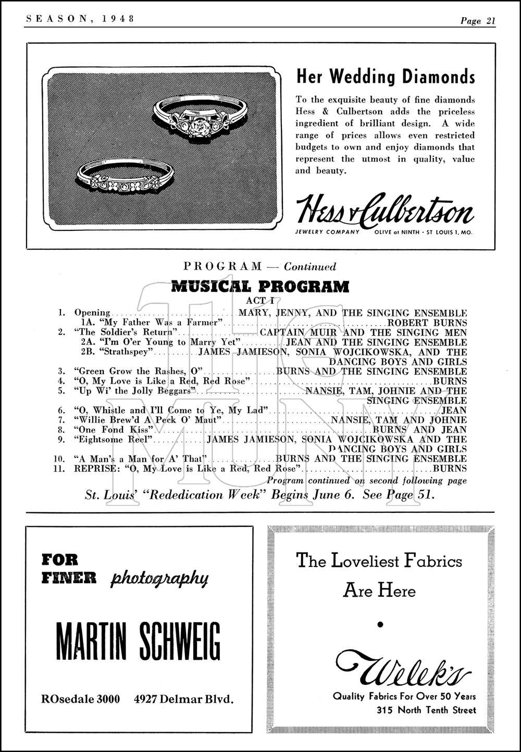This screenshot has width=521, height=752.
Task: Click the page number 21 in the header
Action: [490, 21]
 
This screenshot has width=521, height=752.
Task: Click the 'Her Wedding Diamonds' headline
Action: [386, 77]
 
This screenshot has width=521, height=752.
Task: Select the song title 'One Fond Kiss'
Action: [114, 430]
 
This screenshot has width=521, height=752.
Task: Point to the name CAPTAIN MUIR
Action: [300, 332]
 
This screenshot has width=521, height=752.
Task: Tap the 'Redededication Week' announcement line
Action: [259, 495]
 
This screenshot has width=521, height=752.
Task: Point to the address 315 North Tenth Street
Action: [426, 710]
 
